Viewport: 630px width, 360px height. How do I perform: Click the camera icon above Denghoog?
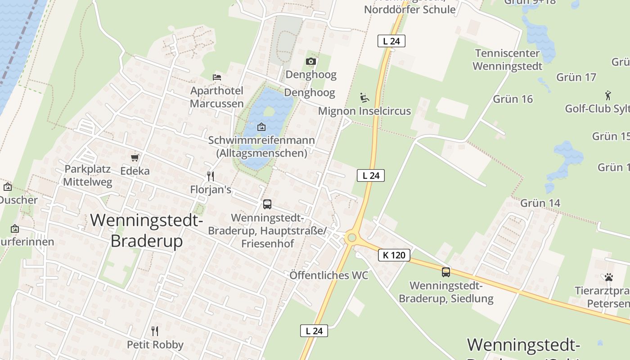click(310, 61)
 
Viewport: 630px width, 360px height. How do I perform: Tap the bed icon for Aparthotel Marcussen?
click(217, 77)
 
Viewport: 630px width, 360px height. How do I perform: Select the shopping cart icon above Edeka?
click(135, 157)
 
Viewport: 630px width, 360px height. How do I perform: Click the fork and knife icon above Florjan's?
click(210, 176)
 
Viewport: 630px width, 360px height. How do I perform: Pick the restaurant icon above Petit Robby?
click(155, 331)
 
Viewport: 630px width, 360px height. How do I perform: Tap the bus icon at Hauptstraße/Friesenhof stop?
click(267, 204)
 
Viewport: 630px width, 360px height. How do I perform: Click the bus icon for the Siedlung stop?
click(445, 272)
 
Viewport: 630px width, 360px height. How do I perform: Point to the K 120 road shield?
click(394, 255)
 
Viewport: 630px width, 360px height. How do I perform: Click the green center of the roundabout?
click(352, 238)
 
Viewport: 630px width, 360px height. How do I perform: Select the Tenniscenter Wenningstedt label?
click(507, 60)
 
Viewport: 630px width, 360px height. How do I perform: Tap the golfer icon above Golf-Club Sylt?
click(608, 95)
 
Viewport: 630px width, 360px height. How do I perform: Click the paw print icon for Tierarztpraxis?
click(609, 277)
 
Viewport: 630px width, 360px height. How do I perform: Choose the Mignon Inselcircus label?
click(364, 111)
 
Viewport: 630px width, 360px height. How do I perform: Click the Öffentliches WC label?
click(328, 275)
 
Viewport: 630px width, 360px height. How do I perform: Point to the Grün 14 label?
click(540, 203)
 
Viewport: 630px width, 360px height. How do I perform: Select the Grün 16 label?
click(513, 99)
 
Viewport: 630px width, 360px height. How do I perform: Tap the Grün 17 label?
click(576, 77)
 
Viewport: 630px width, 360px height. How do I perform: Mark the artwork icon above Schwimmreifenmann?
click(261, 127)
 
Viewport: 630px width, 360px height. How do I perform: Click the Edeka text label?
click(135, 171)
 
